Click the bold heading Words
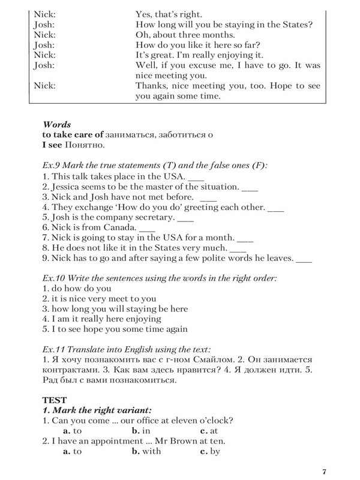coord(56,125)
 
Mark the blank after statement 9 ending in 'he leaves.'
coord(304,261)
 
